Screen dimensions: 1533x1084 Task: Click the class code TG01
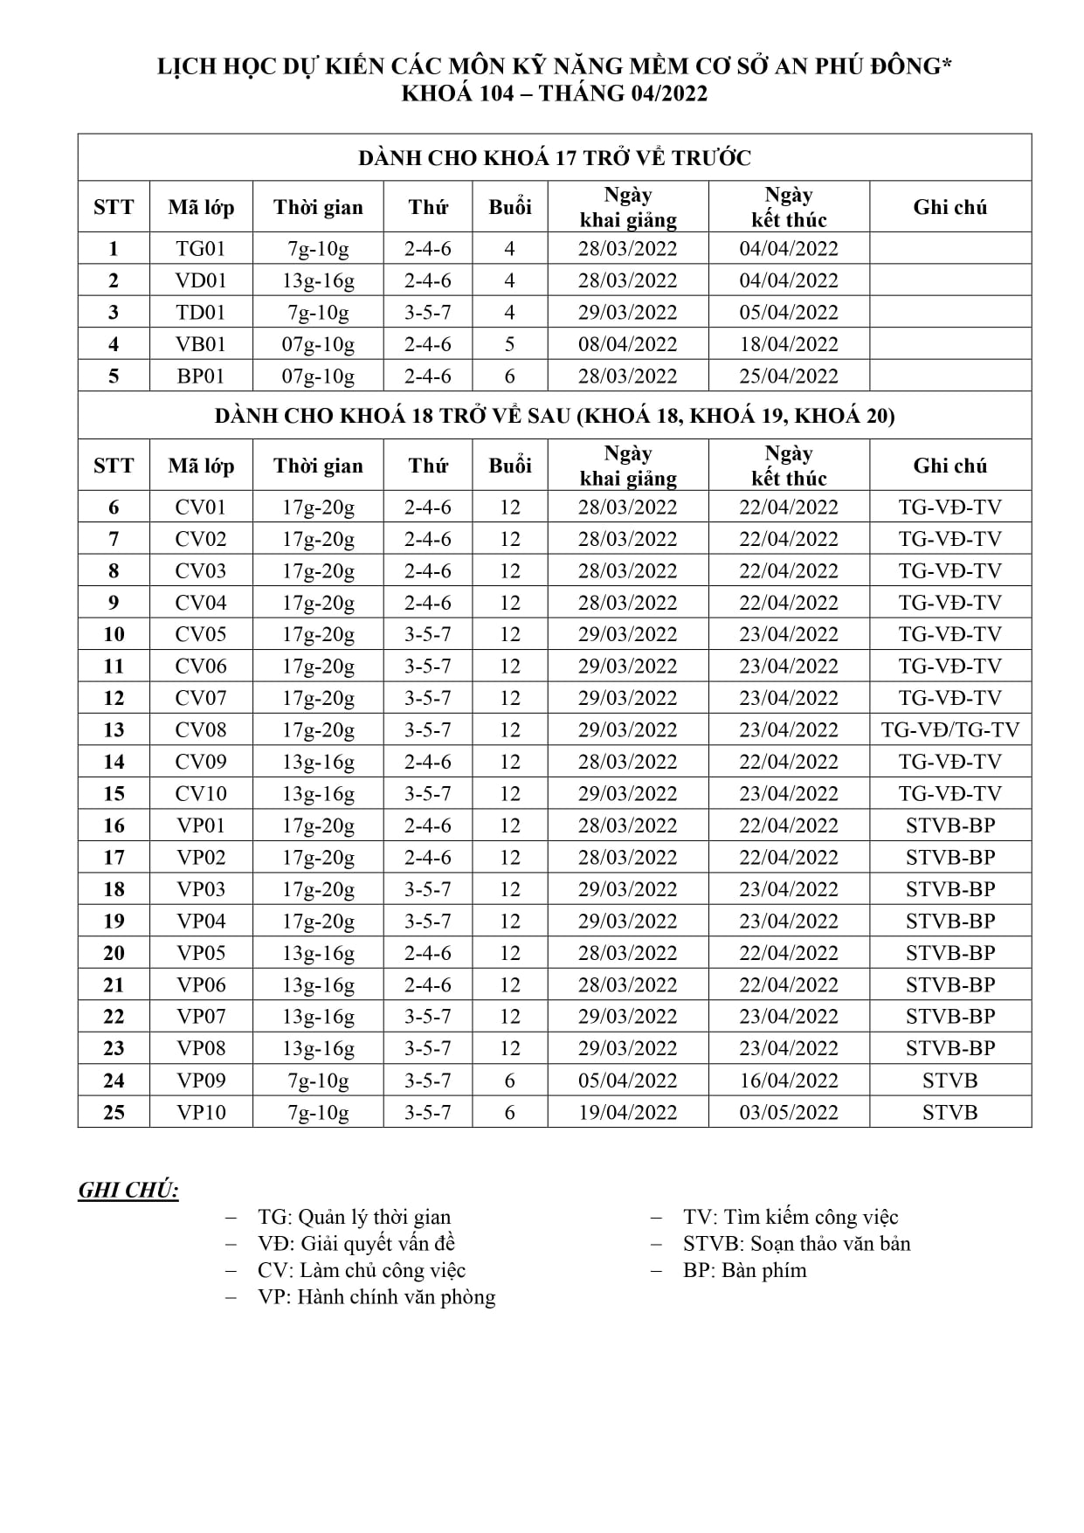pyautogui.click(x=201, y=249)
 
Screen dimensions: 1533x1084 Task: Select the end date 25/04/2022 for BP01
pyautogui.click(x=788, y=376)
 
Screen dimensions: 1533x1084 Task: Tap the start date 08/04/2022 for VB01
pyautogui.click(x=627, y=344)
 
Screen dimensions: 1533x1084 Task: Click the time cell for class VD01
pyautogui.click(x=318, y=280)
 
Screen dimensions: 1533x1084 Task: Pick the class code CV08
pyautogui.click(x=201, y=730)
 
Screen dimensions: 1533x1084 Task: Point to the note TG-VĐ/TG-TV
pyautogui.click(x=949, y=730)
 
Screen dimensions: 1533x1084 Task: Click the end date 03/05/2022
pyautogui.click(x=788, y=1113)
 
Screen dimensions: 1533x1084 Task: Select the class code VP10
pyautogui.click(x=201, y=1113)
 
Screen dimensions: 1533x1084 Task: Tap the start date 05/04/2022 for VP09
pyautogui.click(x=627, y=1081)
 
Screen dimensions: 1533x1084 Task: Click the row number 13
pyautogui.click(x=114, y=730)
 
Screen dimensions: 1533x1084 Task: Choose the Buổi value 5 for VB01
pyautogui.click(x=510, y=344)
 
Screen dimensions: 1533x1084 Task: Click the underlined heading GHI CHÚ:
pyautogui.click(x=128, y=1191)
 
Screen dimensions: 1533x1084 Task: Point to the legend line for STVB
pyautogui.click(x=796, y=1244)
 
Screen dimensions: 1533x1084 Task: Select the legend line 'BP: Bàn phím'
pyautogui.click(x=744, y=1270)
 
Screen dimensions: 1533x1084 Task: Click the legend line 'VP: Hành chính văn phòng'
pyautogui.click(x=376, y=1297)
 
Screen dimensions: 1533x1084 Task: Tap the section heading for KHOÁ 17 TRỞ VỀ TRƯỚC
pyautogui.click(x=555, y=158)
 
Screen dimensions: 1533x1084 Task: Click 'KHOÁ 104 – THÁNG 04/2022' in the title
pyautogui.click(x=554, y=93)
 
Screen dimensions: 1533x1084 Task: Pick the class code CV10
pyautogui.click(x=201, y=794)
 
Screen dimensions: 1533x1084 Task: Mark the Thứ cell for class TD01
pyautogui.click(x=428, y=313)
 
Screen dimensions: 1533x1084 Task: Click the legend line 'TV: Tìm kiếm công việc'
pyautogui.click(x=790, y=1217)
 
